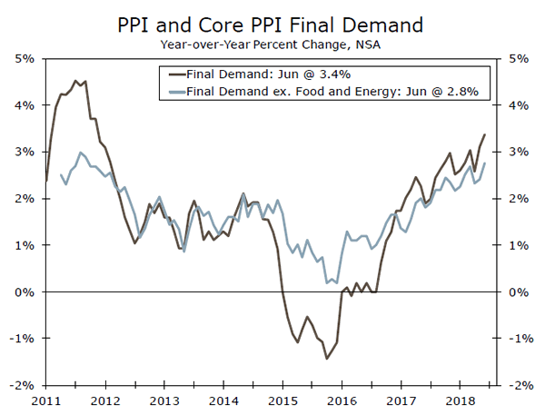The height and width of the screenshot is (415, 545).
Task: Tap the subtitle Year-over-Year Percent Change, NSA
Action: click(272, 43)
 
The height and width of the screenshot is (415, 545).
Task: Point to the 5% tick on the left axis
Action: click(24, 58)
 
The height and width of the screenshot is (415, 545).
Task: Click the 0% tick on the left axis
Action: click(24, 291)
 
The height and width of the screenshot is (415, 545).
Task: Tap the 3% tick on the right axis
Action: click(520, 152)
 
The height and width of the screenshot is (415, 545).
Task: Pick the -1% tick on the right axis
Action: click(522, 339)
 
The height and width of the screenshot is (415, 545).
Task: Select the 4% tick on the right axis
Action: click(520, 105)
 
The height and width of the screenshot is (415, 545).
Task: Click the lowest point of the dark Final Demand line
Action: click(327, 359)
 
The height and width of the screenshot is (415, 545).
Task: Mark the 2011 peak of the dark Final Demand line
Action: click(75, 81)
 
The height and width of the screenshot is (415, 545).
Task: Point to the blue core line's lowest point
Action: click(327, 283)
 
